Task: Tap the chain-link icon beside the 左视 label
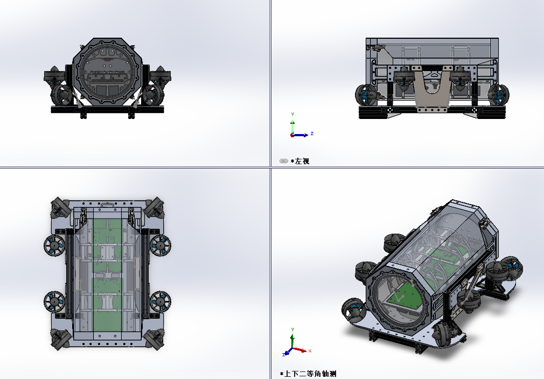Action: pos(284,162)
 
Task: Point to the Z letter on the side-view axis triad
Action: pos(312,134)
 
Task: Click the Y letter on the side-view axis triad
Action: pos(292,114)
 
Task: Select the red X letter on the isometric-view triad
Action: pos(310,351)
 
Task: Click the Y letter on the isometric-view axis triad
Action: pos(292,329)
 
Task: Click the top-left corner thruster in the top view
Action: pos(60,208)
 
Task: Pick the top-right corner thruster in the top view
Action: pos(155,208)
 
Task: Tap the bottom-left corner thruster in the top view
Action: pos(60,339)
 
